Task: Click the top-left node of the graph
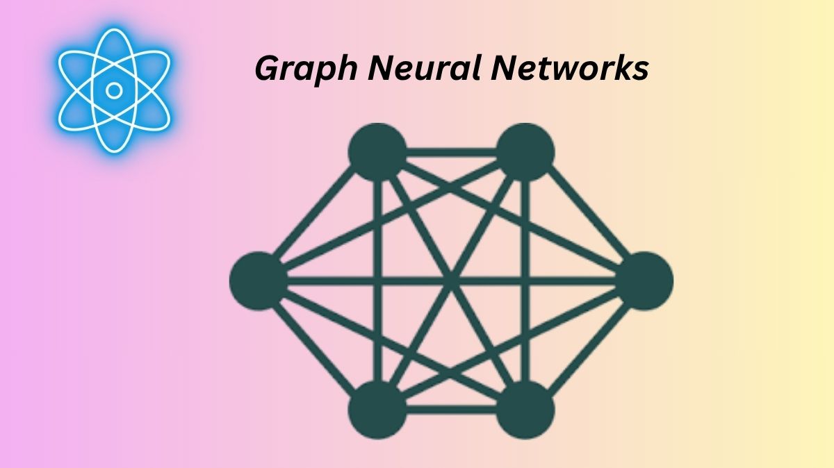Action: coord(377,150)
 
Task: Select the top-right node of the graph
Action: coord(526,150)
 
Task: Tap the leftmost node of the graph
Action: coord(258,280)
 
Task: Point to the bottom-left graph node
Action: coord(377,408)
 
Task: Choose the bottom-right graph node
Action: coord(526,408)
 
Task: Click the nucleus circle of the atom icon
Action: coord(115,90)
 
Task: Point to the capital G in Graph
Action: coord(268,69)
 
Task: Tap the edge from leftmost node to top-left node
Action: coord(317,215)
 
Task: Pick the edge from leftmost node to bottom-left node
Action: coord(317,344)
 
